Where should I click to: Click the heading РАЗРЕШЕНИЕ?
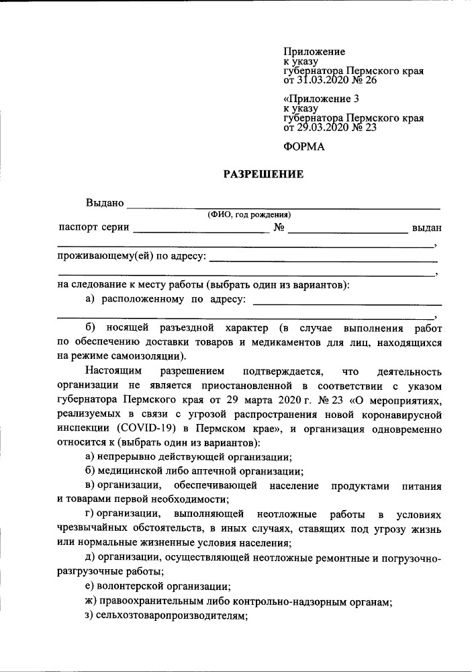[x=263, y=175]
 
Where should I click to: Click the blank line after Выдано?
[x=283, y=204]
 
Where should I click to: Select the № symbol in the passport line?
[x=279, y=228]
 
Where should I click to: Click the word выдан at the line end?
[x=426, y=228]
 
